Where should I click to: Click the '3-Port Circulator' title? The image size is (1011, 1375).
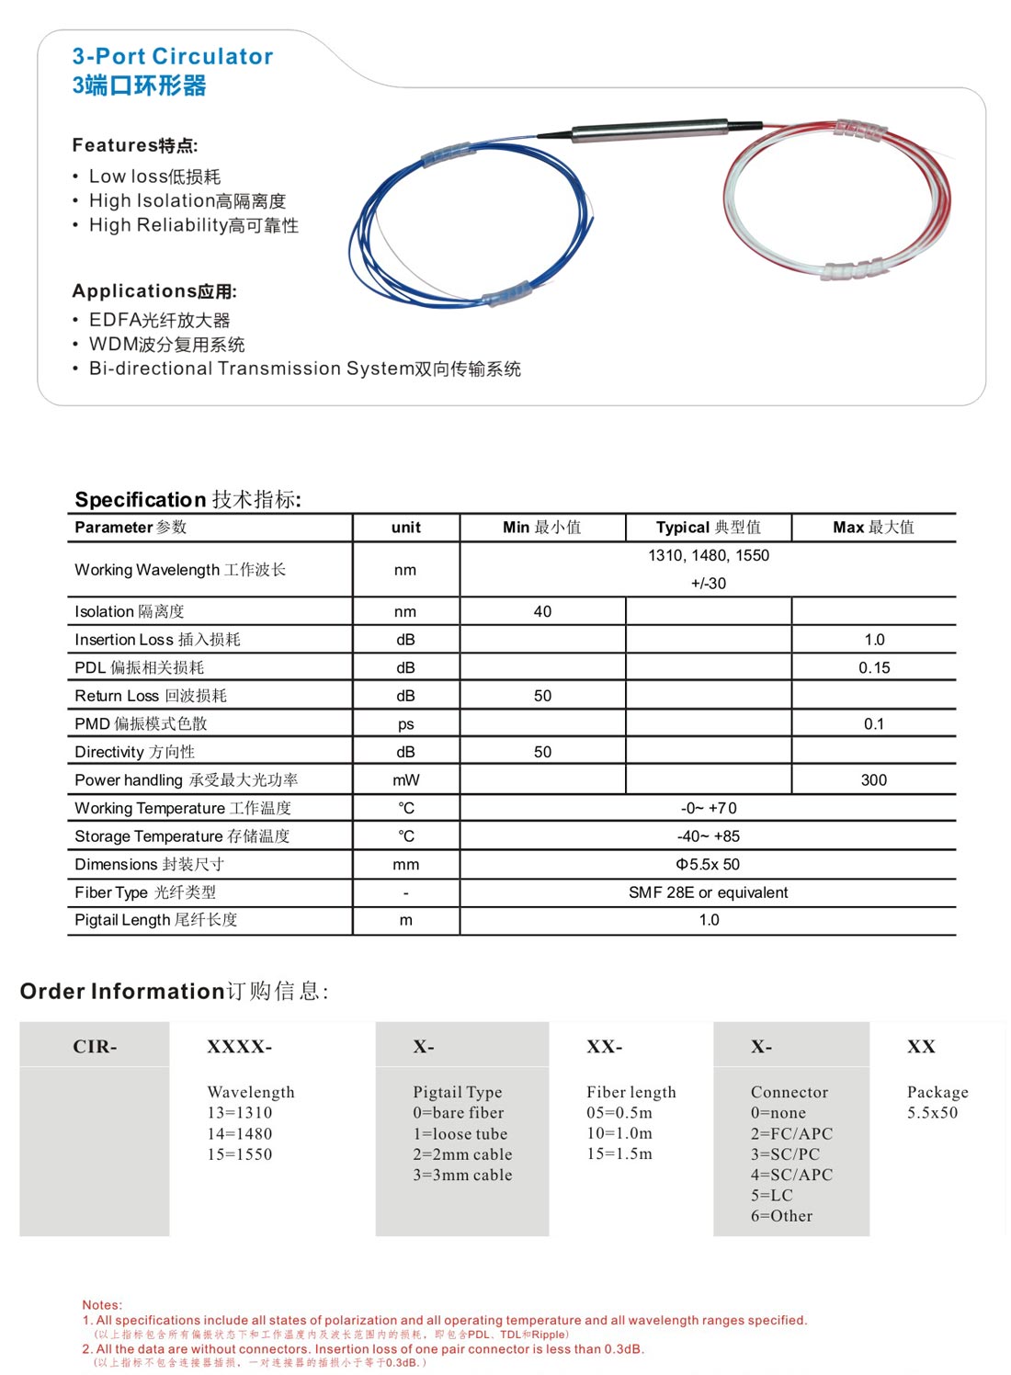coord(173,56)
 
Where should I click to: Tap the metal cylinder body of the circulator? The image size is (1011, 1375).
coord(648,130)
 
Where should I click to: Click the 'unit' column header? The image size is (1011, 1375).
coord(405,528)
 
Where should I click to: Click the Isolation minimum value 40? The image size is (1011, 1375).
coord(542,612)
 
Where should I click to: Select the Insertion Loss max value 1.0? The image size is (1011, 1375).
coord(874,640)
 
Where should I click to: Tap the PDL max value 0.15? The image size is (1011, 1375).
coord(874,668)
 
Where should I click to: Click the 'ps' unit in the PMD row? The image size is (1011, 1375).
coord(405,724)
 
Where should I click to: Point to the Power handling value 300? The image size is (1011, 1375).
coord(874,780)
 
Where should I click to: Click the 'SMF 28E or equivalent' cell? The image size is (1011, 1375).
coord(708,892)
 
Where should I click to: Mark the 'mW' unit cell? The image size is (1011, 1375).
coord(405,780)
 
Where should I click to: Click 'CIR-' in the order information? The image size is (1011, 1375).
coord(95,1047)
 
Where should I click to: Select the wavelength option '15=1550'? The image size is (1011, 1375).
coord(240,1154)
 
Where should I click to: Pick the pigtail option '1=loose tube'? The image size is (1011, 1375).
coord(460,1134)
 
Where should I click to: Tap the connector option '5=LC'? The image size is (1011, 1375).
coord(771,1196)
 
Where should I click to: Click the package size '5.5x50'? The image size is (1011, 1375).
coord(932,1113)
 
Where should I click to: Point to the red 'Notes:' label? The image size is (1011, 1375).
coord(102,1305)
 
